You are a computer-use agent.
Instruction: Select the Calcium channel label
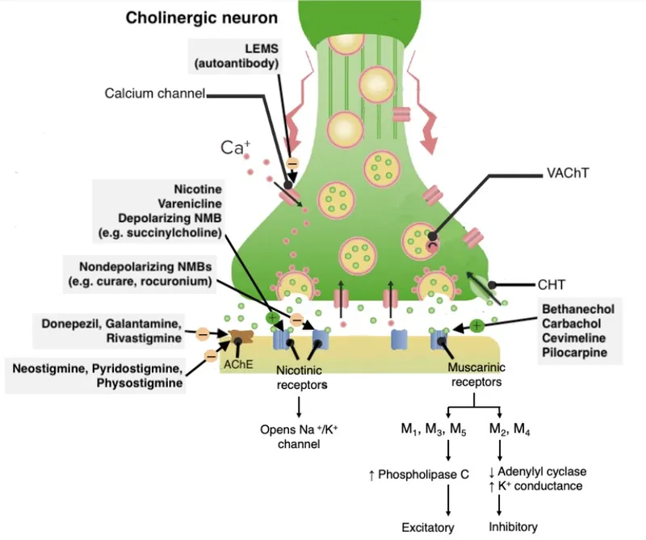tap(155, 94)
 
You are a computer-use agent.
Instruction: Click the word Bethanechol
tap(578, 310)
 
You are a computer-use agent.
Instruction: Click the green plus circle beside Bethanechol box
tap(476, 327)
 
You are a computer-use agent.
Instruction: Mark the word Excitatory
tap(428, 528)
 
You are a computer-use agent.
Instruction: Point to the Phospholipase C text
tap(418, 475)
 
